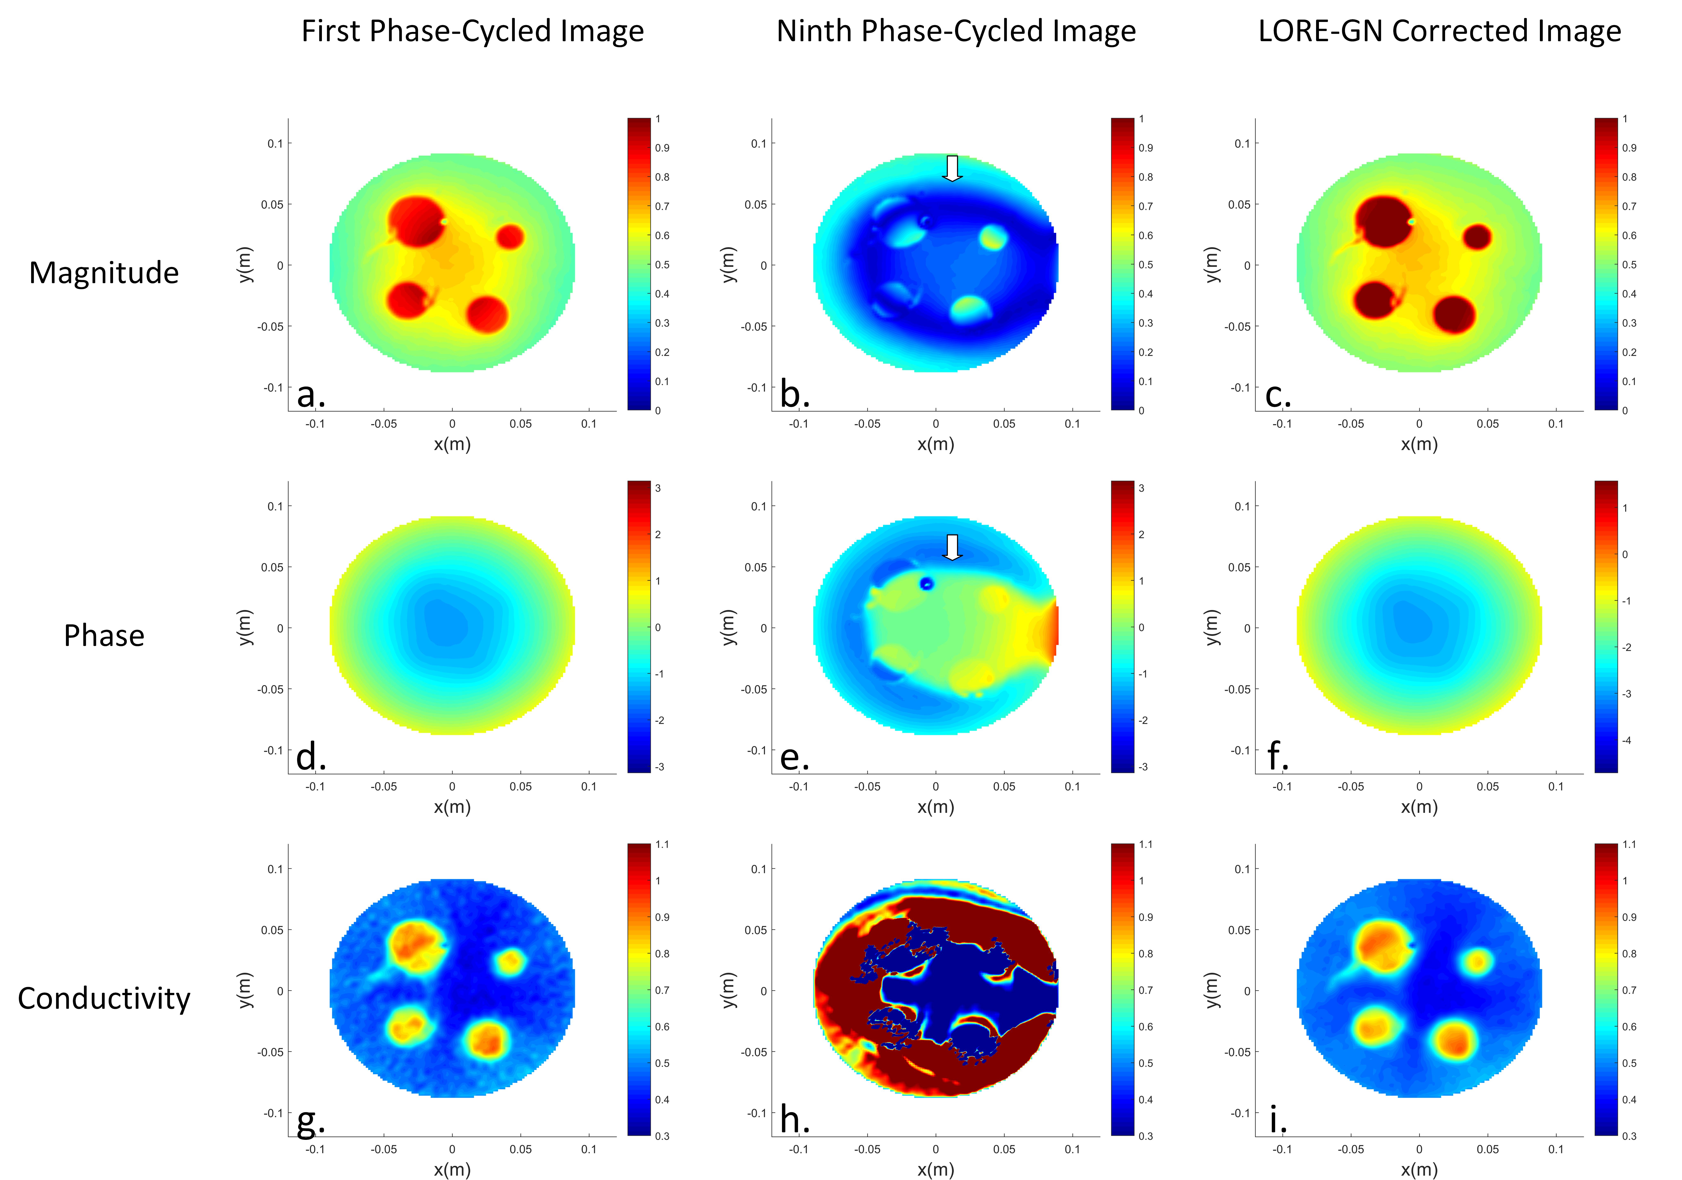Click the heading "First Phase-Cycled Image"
473,32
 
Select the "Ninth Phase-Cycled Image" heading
956,32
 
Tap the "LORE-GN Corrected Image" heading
1440,32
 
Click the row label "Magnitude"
104,273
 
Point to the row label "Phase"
104,635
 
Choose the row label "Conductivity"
104,998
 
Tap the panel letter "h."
795,1120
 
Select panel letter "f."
1278,756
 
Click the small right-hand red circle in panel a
511,237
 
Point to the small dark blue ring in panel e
927,583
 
